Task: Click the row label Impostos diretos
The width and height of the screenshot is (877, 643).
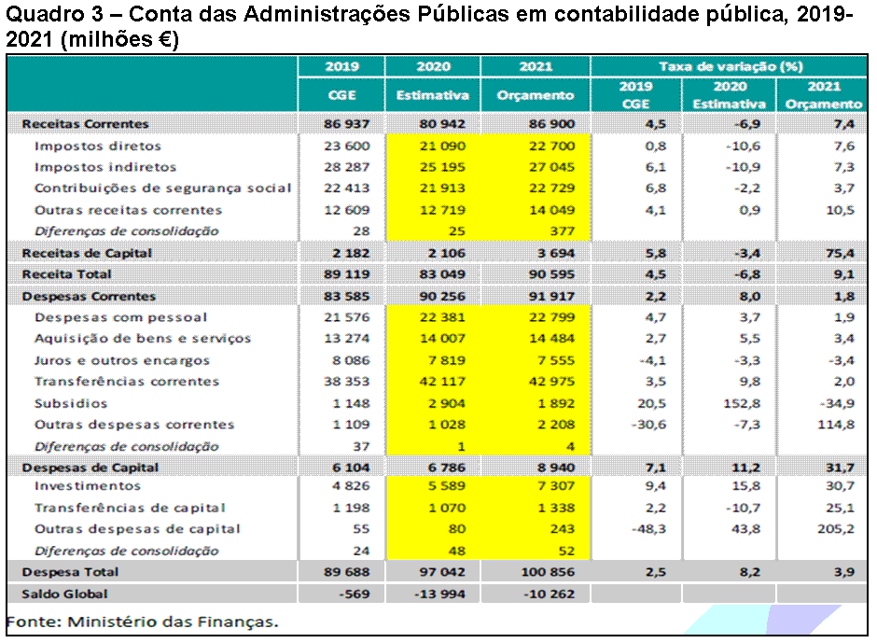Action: [x=98, y=146]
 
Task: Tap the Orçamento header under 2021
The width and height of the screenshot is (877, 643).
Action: [x=536, y=95]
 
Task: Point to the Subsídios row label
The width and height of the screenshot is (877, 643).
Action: [x=71, y=404]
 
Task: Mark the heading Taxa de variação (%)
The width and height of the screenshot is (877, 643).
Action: [x=731, y=67]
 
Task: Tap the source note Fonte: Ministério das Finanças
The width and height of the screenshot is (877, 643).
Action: [x=142, y=621]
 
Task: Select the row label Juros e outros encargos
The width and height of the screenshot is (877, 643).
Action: [x=122, y=360]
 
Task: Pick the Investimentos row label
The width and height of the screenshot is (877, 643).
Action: [x=88, y=486]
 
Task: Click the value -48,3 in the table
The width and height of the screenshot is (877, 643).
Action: [x=633, y=529]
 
